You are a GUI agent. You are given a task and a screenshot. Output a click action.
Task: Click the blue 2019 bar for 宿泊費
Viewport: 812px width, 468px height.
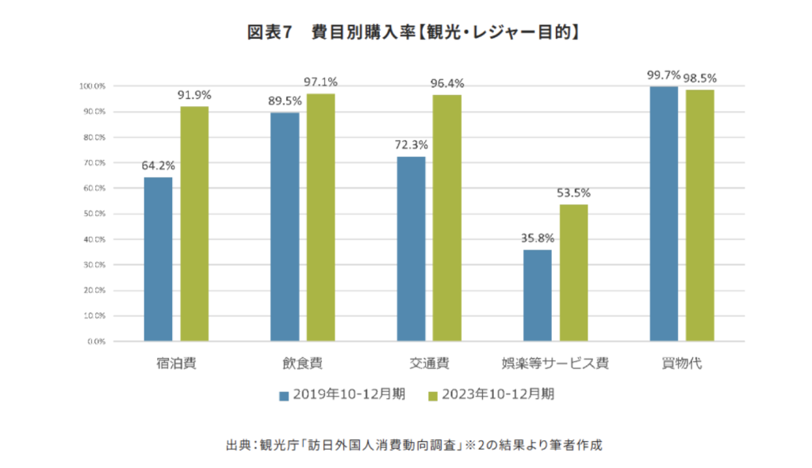(x=158, y=259)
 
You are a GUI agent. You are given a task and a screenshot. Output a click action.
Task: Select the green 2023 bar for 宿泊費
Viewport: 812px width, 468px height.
(x=194, y=224)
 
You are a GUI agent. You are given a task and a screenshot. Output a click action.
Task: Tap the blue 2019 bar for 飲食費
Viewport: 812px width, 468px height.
(x=285, y=226)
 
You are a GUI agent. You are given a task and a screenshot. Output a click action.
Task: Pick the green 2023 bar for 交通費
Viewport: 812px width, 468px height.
(x=446, y=218)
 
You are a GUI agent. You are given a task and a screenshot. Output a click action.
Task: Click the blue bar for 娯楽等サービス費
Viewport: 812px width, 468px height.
(x=537, y=295)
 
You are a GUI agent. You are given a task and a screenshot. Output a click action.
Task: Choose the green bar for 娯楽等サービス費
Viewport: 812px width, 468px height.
(x=573, y=272)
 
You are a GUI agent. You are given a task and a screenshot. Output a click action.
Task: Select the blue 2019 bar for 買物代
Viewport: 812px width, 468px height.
(x=664, y=214)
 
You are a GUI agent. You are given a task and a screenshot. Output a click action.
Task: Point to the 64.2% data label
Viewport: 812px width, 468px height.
(x=159, y=166)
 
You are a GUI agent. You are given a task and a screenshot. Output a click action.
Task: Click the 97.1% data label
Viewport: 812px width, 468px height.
(x=321, y=82)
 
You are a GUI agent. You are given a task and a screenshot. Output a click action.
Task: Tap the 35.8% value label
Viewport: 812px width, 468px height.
(x=537, y=238)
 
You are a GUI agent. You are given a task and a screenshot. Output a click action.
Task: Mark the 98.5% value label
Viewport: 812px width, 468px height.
(x=699, y=78)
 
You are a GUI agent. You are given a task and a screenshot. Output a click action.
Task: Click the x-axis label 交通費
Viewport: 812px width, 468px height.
(x=429, y=364)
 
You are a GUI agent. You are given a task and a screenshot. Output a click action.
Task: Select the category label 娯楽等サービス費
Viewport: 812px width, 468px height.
(x=555, y=364)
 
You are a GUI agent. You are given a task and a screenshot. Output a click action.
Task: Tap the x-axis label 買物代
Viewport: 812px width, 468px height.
(x=681, y=364)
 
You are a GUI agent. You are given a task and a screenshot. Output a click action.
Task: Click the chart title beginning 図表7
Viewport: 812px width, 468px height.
(x=405, y=32)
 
